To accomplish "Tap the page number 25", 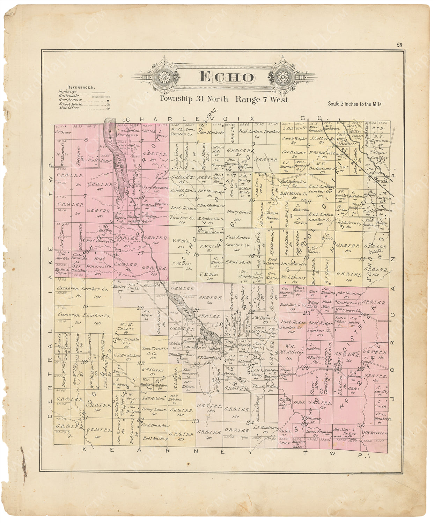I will (399, 44).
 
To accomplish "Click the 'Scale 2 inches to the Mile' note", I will (355, 104).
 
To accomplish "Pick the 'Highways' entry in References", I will (67, 92).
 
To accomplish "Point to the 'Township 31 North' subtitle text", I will (194, 99).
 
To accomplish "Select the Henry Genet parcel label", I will (239, 212).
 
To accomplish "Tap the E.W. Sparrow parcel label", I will (375, 433).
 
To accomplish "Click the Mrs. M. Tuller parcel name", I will (129, 326).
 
